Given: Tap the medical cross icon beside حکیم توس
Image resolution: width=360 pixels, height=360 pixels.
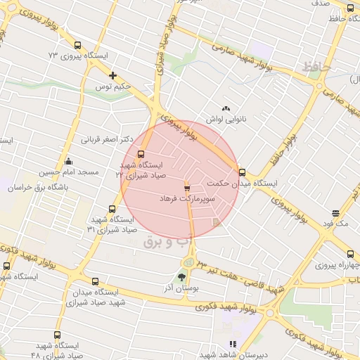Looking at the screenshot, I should point(112,75).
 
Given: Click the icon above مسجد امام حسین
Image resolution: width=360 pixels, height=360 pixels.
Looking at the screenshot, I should point(68,161).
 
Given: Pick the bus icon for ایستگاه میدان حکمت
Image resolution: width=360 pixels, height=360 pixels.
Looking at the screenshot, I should point(242,172).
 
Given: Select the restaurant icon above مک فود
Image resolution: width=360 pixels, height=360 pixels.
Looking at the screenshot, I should point(336,212).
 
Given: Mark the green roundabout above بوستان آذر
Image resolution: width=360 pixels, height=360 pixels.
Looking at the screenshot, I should point(188,263).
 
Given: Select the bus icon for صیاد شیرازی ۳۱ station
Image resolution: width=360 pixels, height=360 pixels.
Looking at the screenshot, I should point(112,209).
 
